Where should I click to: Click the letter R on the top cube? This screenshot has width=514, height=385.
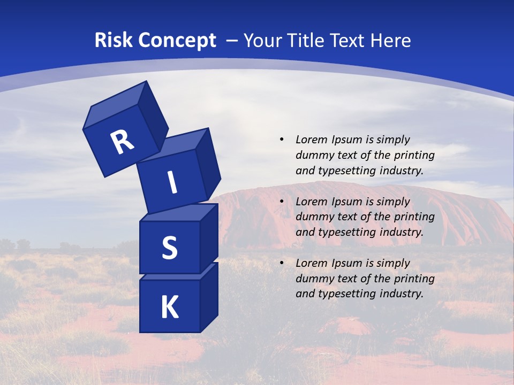(122, 142)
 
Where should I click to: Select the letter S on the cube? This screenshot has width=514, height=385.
(169, 248)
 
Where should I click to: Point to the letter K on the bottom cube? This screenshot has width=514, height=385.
(169, 308)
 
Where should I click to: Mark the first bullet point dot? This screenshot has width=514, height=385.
(281, 140)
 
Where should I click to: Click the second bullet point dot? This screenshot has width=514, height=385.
(281, 202)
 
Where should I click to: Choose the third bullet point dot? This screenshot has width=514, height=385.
(281, 263)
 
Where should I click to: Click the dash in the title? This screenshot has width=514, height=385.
(232, 41)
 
